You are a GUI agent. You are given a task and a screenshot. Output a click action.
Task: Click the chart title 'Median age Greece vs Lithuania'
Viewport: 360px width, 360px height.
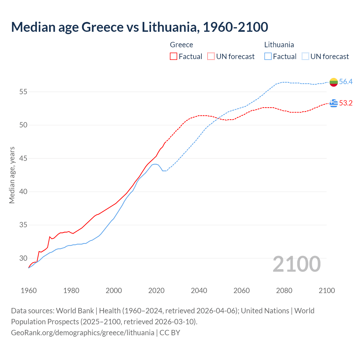tap(139, 27)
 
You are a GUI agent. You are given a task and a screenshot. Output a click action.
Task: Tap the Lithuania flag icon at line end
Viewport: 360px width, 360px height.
tap(334, 82)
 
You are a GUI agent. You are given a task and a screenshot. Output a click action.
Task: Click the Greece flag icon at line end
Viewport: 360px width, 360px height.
tap(334, 103)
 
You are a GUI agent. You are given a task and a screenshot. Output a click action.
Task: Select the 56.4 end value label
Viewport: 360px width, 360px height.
tap(346, 82)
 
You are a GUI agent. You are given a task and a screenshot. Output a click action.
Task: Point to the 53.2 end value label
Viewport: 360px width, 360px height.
tap(346, 103)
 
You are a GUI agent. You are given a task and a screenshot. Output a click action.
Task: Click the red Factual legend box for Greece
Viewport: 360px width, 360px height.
tap(174, 57)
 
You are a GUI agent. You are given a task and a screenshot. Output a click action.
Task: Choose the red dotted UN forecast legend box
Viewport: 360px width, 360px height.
tap(211, 57)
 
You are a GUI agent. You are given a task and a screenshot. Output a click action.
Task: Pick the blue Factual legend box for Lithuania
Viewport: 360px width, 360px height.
tap(268, 57)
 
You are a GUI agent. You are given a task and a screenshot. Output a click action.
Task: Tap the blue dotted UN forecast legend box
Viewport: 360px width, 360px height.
tap(305, 57)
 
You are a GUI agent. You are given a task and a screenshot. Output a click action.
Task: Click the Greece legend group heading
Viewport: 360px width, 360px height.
tap(181, 45)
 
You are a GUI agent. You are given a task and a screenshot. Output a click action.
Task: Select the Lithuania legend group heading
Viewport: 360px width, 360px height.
tap(279, 45)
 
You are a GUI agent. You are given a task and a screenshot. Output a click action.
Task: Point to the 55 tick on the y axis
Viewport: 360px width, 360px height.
tap(23, 92)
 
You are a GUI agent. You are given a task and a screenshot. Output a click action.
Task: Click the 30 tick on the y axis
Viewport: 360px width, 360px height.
tap(23, 258)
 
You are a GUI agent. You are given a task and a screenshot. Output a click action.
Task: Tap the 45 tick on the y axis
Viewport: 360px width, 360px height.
tap(23, 158)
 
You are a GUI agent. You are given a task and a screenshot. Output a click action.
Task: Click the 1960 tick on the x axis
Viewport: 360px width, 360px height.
tap(29, 291)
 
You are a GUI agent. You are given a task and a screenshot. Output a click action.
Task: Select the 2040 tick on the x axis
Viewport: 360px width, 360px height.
tap(199, 291)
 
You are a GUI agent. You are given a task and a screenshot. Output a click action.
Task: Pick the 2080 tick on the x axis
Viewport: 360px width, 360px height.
tap(284, 291)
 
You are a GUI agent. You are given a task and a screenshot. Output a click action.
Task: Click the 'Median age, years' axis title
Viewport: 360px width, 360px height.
tap(12, 175)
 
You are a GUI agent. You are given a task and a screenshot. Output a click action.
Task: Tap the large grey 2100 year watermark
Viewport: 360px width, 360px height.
tap(297, 264)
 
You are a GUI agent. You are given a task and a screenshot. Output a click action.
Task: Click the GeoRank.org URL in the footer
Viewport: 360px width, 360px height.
tap(83, 333)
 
